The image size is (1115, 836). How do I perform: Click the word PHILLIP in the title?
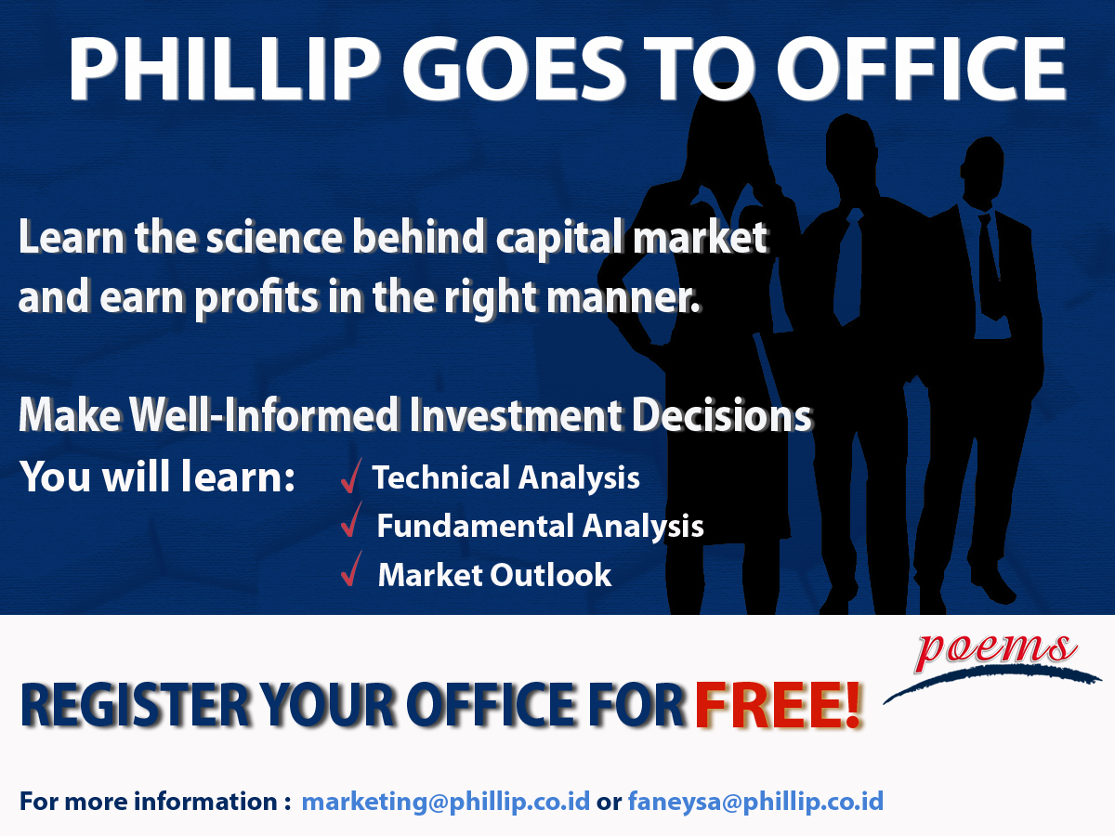tap(225, 69)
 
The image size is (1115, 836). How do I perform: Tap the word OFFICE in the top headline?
tap(921, 69)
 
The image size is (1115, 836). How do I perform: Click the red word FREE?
tap(778, 706)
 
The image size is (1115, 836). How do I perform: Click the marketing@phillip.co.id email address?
tap(445, 802)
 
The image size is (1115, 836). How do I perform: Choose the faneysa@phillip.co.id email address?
tap(755, 802)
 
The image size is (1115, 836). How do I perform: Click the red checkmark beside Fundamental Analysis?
tap(351, 519)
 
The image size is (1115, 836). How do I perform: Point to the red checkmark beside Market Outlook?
tap(351, 568)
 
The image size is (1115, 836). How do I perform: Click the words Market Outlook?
tap(494, 575)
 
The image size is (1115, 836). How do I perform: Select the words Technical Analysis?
tap(506, 478)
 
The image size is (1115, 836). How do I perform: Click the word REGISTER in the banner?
tap(135, 706)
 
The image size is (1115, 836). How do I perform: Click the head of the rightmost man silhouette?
tap(983, 168)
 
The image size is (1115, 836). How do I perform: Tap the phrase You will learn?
tap(157, 477)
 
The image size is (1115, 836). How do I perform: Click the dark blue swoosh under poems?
tap(991, 680)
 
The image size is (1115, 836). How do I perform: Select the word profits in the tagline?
tap(256, 298)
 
